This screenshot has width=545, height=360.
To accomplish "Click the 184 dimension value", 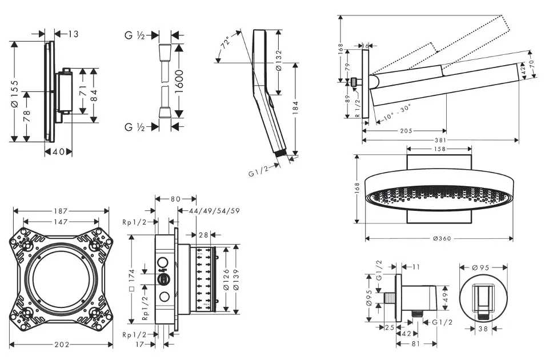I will pyautogui.click(x=296, y=109).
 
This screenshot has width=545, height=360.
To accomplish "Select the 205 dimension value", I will pyautogui.click(x=406, y=130).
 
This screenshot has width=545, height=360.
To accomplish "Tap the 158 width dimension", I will pyautogui.click(x=439, y=149).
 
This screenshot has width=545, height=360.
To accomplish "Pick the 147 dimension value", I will pyautogui.click(x=61, y=222).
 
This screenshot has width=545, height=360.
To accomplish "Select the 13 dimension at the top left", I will pyautogui.click(x=73, y=34).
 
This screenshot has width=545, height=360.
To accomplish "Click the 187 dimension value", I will pyautogui.click(x=61, y=210).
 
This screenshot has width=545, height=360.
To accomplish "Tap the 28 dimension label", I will pyautogui.click(x=204, y=234).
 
